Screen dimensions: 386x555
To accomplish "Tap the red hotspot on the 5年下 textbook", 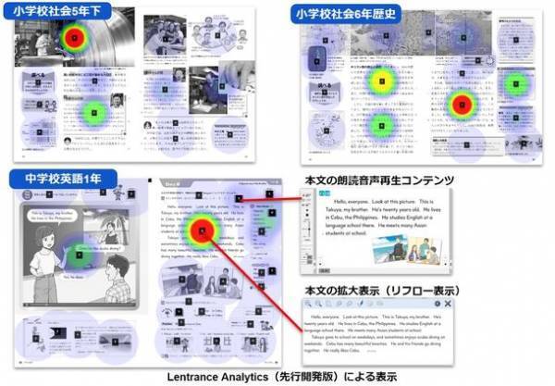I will [74, 39].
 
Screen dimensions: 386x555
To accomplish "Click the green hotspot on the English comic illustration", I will [80, 253].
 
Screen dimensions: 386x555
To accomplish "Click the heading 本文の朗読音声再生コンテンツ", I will [370, 179].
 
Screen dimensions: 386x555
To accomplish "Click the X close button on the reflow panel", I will [448, 305].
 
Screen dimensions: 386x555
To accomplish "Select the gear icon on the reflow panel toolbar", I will [435, 305].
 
